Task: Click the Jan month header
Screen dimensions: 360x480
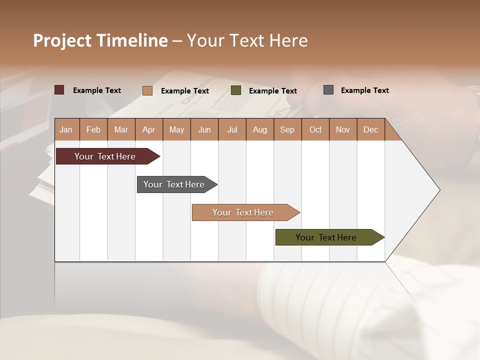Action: [x=66, y=129]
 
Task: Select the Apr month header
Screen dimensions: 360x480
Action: [x=148, y=129]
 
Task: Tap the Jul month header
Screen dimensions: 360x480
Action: [x=232, y=129]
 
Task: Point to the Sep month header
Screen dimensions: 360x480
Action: [x=287, y=129]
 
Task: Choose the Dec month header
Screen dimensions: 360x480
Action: [x=370, y=129]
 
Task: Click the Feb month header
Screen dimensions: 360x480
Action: [x=93, y=129]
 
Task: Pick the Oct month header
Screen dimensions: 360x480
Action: [x=315, y=129]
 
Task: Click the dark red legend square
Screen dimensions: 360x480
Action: [x=59, y=90]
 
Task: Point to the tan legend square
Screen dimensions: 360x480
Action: [x=147, y=90]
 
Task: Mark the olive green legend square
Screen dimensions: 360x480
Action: [x=236, y=90]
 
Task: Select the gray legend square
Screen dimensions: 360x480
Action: [x=328, y=90]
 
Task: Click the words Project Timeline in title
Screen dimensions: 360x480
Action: [x=100, y=40]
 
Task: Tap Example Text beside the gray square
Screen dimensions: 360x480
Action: [x=364, y=90]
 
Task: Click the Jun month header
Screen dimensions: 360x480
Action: [x=204, y=129]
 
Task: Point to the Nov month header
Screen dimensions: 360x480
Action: [x=343, y=129]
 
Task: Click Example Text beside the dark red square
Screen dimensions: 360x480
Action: [x=97, y=90]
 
